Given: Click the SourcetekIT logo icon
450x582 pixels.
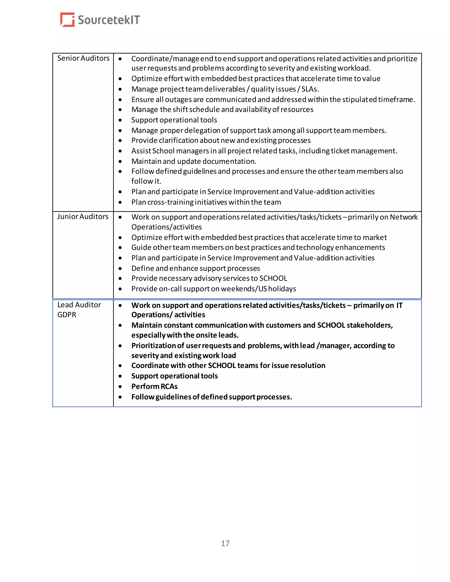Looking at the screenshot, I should pos(67,20).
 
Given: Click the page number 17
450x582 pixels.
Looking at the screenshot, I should pos(225,543).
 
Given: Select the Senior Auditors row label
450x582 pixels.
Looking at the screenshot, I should pos(83,58).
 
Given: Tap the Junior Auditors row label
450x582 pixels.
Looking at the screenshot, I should pos(83,216).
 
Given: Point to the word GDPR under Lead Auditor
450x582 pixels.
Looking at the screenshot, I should pos(67,315).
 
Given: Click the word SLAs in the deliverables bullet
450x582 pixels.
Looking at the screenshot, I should pos(310,89).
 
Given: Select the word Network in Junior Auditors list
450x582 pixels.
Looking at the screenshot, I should pos(403,217).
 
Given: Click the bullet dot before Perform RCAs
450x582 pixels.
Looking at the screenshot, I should pos(120,387).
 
